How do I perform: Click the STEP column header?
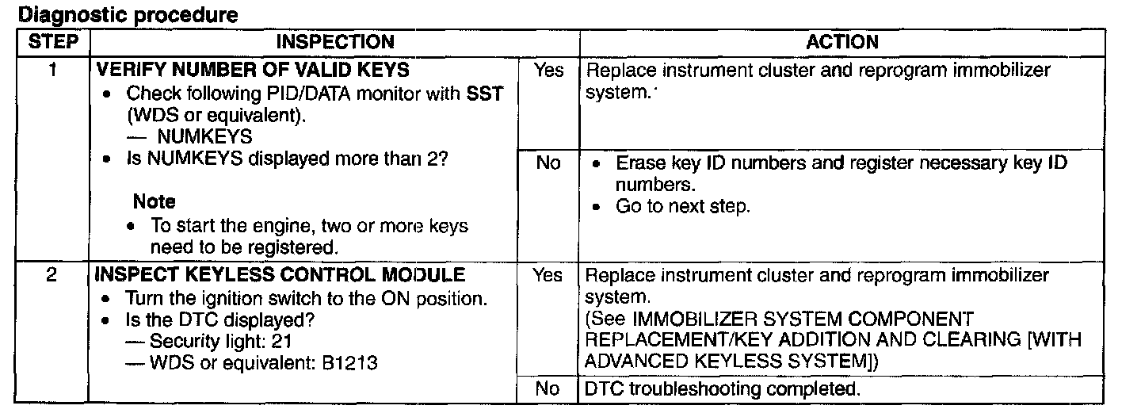click(x=51, y=42)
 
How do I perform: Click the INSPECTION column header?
click(x=334, y=42)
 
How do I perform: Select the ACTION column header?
click(x=841, y=42)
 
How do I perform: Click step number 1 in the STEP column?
click(x=51, y=70)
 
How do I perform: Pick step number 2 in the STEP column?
click(x=51, y=276)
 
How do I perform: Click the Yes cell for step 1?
click(x=548, y=71)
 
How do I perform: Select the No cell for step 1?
click(x=548, y=163)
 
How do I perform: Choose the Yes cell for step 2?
click(x=548, y=276)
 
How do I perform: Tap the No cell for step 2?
click(x=548, y=390)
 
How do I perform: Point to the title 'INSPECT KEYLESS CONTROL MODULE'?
click(x=280, y=276)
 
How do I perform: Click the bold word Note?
click(x=154, y=202)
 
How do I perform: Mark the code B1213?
click(x=348, y=364)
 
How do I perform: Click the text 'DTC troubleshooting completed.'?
click(x=721, y=390)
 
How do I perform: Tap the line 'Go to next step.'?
click(x=682, y=206)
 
